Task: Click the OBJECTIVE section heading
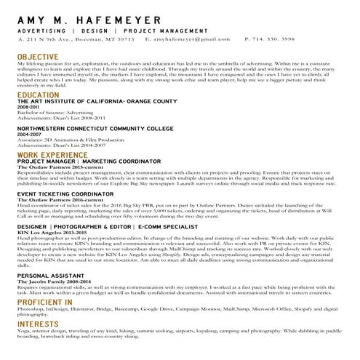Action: [37, 56]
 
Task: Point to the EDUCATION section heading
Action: [38, 95]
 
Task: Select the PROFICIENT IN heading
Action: [44, 301]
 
